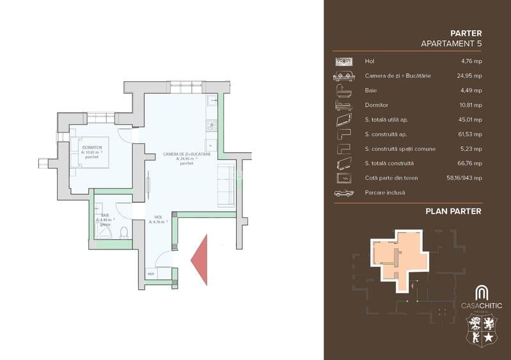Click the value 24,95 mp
pos(469,75)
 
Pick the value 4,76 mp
pos(471,61)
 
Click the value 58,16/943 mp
pos(461,178)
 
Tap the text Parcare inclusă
pos(385,192)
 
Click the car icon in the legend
pos(343,192)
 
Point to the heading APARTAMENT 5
pos(451,43)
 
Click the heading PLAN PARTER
pos(453,211)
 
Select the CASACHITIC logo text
pos(482,305)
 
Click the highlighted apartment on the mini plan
pos(398,256)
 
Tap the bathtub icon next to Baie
pos(343,90)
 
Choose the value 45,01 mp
pos(469,120)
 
